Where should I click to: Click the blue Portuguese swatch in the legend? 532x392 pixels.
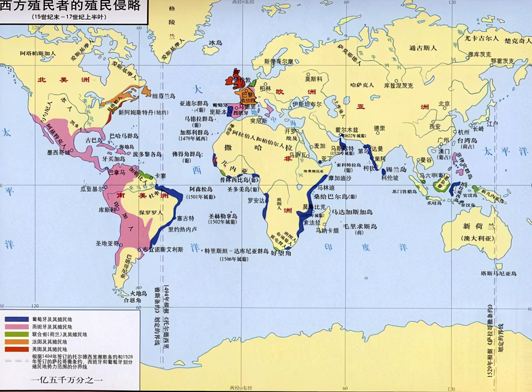click(16, 319)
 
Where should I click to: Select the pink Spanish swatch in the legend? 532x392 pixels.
click(16, 327)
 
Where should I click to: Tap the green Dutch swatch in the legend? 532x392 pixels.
click(16, 334)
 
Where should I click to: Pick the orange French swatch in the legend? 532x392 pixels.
click(16, 342)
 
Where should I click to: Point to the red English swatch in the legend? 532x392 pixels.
click(16, 349)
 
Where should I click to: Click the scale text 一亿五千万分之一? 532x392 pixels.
click(67, 379)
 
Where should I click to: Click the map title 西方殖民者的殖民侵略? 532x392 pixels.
click(71, 7)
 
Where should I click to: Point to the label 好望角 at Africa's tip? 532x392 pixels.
click(281, 252)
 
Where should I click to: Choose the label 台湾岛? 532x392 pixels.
click(467, 141)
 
